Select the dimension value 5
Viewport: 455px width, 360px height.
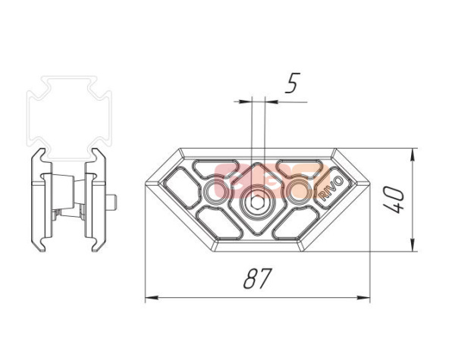pos(291,84)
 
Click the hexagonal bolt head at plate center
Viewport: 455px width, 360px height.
pos(257,202)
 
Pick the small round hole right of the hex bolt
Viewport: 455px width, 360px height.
pos(297,189)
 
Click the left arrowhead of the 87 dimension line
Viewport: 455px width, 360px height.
pos(150,298)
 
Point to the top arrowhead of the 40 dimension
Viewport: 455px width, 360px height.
pos(412,154)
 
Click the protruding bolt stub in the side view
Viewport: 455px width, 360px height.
pos(114,202)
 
